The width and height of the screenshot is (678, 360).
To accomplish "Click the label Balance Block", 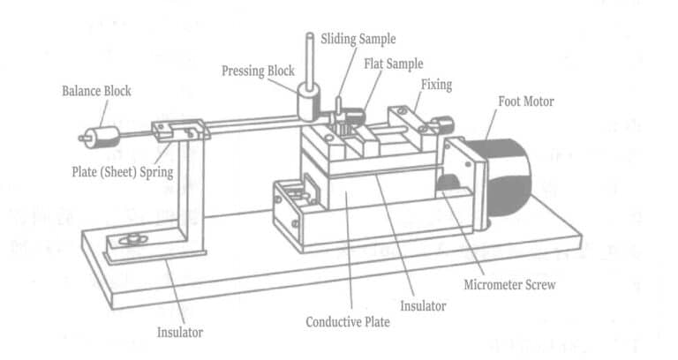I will click(x=96, y=91).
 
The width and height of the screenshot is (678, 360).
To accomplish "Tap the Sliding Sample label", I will click(x=358, y=39).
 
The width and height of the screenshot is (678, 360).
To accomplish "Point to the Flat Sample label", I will click(x=393, y=64).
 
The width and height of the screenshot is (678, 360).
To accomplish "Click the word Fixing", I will click(x=436, y=86).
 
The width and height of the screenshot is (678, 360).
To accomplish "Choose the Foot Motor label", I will click(x=526, y=101).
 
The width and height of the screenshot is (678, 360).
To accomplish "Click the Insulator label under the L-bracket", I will click(x=180, y=333).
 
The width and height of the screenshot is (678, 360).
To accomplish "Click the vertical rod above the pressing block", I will click(x=310, y=57).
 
